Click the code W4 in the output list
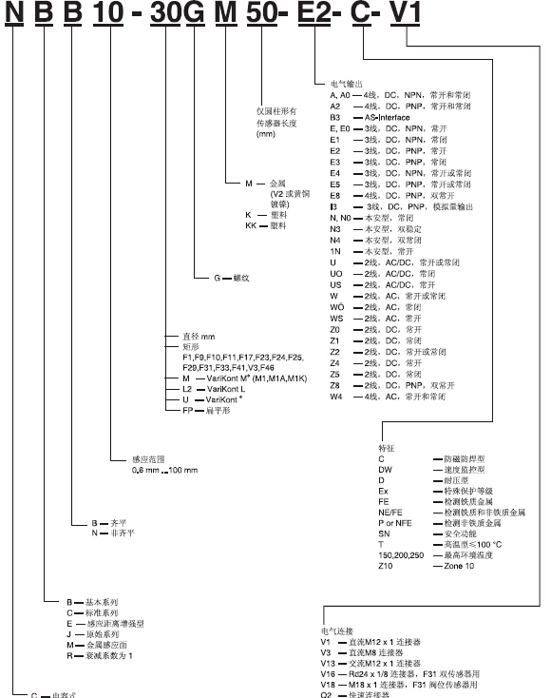tap(335, 396)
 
